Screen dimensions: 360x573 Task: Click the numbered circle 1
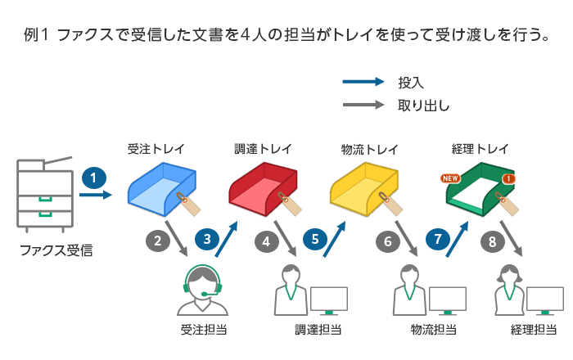pos(95,177)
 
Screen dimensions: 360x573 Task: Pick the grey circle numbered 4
pos(266,241)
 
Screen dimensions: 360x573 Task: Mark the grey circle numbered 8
pos(492,241)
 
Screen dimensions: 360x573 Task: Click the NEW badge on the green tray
pos(450,177)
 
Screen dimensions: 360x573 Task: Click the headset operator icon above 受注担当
pos(203,287)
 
